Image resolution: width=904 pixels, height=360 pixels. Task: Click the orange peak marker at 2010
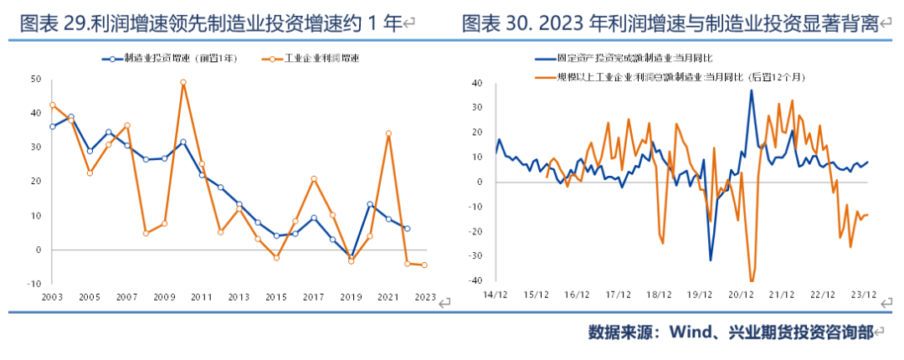[183, 82]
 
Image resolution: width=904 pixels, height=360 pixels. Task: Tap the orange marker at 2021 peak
[388, 133]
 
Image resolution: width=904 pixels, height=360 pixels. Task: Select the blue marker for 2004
[71, 117]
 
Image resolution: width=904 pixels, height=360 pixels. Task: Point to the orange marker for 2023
[424, 265]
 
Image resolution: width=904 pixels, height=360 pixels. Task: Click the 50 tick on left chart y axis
[35, 79]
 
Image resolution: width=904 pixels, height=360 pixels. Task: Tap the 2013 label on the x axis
[239, 297]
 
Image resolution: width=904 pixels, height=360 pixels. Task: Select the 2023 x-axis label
[424, 297]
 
